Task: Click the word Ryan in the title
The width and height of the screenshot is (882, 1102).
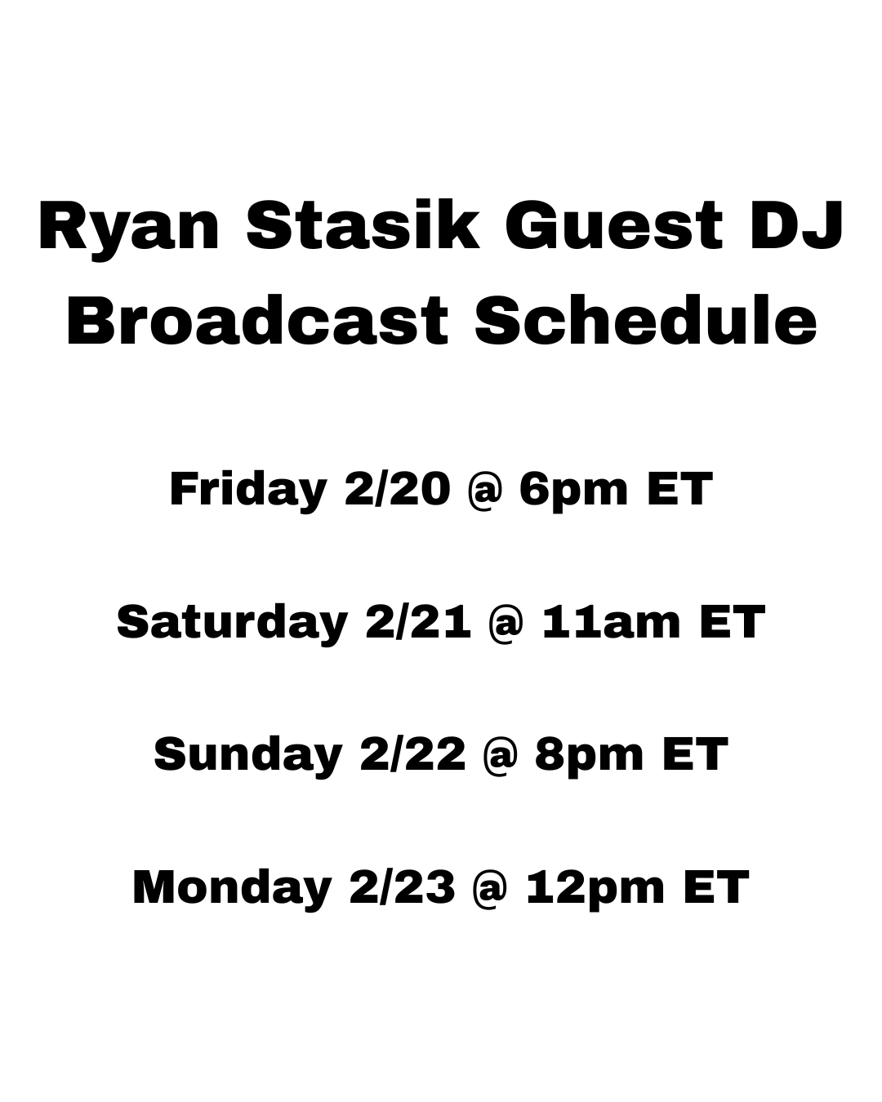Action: [x=129, y=230]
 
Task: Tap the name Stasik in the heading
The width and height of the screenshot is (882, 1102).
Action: [x=363, y=224]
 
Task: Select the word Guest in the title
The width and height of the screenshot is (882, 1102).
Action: [x=614, y=225]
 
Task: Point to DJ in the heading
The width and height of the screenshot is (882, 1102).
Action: [x=796, y=225]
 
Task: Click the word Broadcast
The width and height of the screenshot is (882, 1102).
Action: [x=257, y=321]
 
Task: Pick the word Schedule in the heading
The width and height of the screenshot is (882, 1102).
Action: [x=645, y=321]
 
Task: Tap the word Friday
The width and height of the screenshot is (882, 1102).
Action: [x=248, y=491]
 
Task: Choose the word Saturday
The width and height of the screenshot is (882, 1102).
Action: [x=232, y=624]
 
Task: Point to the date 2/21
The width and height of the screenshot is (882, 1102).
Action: [x=418, y=622]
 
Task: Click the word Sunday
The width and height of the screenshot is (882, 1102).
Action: [x=248, y=757]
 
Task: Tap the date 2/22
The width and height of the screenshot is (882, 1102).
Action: [x=413, y=754]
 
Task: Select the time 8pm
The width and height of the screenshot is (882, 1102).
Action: [x=590, y=758]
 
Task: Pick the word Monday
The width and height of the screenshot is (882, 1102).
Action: [x=232, y=890]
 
